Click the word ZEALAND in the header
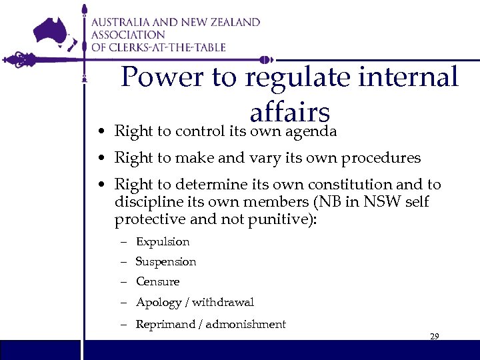click(x=231, y=22)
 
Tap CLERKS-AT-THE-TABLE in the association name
click(x=168, y=47)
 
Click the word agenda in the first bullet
click(x=309, y=131)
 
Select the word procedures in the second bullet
click(x=381, y=158)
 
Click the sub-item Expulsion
click(x=163, y=242)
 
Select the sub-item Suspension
click(x=166, y=262)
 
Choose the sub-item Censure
click(x=157, y=282)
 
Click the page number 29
click(x=434, y=337)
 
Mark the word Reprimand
click(x=163, y=325)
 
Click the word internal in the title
click(x=419, y=77)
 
